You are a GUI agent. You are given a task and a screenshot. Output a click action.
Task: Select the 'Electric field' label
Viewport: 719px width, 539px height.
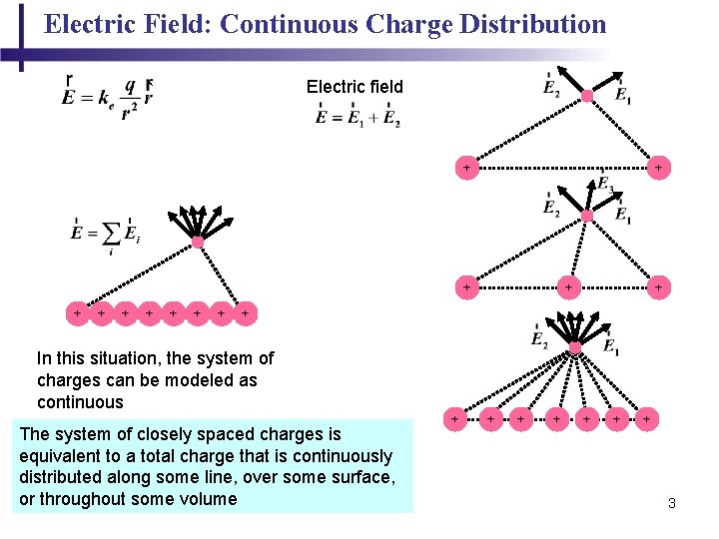(355, 87)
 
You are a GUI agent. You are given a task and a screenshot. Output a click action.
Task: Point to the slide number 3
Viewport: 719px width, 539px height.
(672, 503)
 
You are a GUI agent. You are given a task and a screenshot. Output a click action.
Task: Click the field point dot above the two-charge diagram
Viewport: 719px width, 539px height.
(587, 97)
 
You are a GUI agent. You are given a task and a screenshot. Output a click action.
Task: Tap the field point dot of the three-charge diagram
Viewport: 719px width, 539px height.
(587, 216)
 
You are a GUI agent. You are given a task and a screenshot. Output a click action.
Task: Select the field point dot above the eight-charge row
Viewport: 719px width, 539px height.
(198, 242)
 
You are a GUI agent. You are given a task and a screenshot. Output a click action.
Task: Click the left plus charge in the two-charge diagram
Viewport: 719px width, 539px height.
(466, 168)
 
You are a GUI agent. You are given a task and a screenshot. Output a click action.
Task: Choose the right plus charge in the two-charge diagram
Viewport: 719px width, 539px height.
(658, 168)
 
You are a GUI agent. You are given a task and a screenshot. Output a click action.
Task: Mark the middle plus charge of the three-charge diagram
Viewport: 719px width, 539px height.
(568, 287)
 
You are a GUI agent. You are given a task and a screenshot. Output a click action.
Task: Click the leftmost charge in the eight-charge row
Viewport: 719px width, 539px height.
(77, 313)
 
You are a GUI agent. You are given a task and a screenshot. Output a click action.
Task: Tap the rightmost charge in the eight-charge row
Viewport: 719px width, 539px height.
(245, 313)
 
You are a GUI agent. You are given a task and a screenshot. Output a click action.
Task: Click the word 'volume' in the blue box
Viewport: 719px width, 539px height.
(209, 499)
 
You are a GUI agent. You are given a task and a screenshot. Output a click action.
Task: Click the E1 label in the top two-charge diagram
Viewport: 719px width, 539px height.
(623, 96)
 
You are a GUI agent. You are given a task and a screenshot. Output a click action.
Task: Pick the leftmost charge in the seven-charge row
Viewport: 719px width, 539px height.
(455, 419)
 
